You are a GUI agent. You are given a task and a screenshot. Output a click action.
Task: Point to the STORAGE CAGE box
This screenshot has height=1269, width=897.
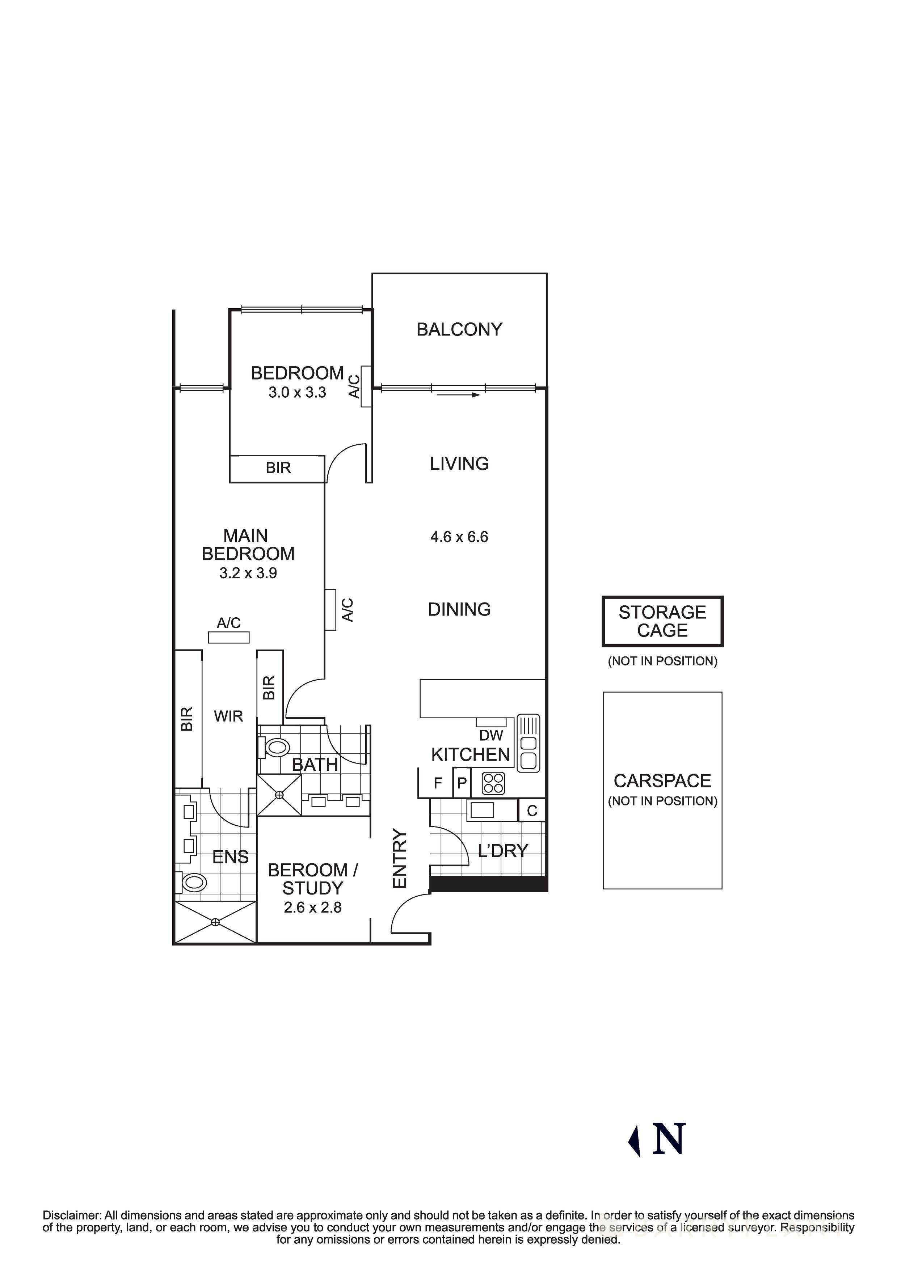662,621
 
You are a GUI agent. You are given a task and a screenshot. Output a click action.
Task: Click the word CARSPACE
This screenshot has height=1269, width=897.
662,781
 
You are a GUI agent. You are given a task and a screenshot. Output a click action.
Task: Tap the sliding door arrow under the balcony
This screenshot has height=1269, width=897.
458,395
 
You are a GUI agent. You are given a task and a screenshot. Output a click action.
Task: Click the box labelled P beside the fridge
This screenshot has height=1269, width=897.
462,783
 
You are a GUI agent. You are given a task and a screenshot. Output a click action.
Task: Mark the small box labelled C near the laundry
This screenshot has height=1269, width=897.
532,811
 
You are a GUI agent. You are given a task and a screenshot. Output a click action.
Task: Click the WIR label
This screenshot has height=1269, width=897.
228,716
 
